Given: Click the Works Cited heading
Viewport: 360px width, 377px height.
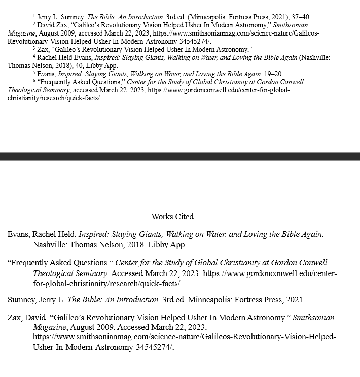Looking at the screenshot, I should [172, 216].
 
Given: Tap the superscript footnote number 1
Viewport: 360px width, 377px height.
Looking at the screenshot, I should [34, 15].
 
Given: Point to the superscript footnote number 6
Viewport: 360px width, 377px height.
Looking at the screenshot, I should [34, 80].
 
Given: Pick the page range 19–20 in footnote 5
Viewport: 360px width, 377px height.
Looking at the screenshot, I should [273, 74].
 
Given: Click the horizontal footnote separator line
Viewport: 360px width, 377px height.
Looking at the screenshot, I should [58, 9].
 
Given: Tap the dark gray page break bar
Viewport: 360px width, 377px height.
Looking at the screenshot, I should [180, 156].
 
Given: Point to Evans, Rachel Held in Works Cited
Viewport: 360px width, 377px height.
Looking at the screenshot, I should [42, 234].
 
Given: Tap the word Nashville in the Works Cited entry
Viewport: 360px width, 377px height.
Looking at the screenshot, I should [50, 245].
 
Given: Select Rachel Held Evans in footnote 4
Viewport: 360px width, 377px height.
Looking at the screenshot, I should [65, 57].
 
